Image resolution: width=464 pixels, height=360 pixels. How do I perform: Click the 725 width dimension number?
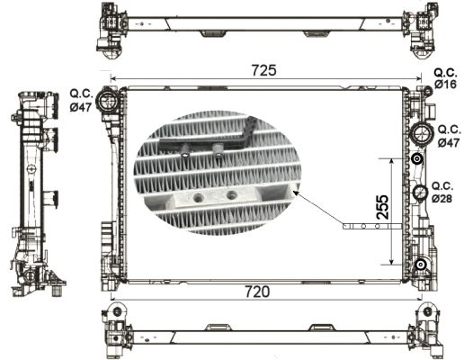(x=263, y=69)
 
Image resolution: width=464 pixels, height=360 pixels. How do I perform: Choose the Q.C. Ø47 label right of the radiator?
(x=447, y=135)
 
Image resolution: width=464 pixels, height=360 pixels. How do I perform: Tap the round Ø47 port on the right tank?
(x=419, y=135)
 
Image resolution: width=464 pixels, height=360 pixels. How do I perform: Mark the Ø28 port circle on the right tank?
(x=419, y=192)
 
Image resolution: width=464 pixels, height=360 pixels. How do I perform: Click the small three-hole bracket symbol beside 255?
(x=362, y=226)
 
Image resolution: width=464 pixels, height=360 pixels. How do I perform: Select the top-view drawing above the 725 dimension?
(x=263, y=27)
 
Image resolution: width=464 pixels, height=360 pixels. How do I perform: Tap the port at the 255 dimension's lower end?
(x=419, y=264)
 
